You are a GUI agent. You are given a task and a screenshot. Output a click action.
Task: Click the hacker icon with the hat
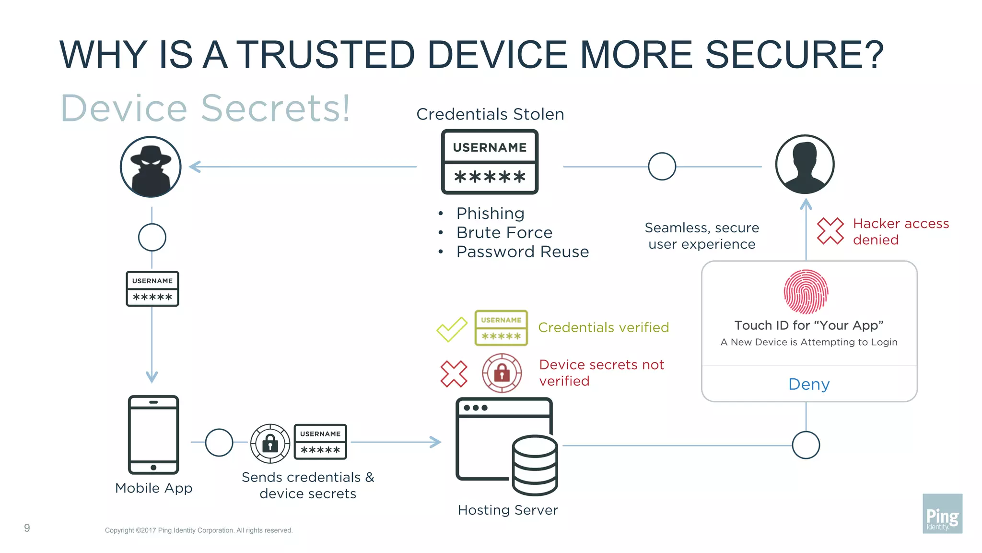[151, 167]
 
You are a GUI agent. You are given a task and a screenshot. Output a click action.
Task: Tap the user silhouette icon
[805, 165]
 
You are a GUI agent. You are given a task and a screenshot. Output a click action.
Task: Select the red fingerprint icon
[806, 292]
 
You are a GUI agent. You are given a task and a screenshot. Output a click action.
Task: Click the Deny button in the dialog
[809, 384]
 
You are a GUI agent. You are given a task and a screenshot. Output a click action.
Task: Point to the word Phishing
[490, 213]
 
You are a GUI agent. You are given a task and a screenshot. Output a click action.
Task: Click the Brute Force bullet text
[504, 232]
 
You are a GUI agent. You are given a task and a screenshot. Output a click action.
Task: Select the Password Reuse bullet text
[522, 252]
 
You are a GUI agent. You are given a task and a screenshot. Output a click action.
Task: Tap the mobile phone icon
[153, 434]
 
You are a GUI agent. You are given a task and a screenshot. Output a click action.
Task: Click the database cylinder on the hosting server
[535, 465]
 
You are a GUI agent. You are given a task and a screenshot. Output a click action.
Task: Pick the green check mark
[451, 329]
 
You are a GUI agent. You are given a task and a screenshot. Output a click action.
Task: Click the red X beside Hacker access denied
[830, 231]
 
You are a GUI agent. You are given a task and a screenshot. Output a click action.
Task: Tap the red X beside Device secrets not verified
[454, 373]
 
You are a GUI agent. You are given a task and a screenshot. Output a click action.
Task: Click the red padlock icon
[502, 373]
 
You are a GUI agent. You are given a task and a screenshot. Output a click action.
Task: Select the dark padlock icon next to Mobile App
[270, 443]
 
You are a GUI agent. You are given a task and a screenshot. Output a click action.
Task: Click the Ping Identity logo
[942, 514]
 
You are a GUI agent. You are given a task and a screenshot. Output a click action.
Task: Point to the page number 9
[27, 528]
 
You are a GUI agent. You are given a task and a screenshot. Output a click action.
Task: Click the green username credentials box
[501, 328]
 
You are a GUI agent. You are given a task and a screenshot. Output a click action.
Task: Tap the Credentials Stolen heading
[490, 114]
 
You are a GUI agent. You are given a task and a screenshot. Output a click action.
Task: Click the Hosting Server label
[508, 510]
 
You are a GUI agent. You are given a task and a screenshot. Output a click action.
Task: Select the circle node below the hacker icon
[152, 237]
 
